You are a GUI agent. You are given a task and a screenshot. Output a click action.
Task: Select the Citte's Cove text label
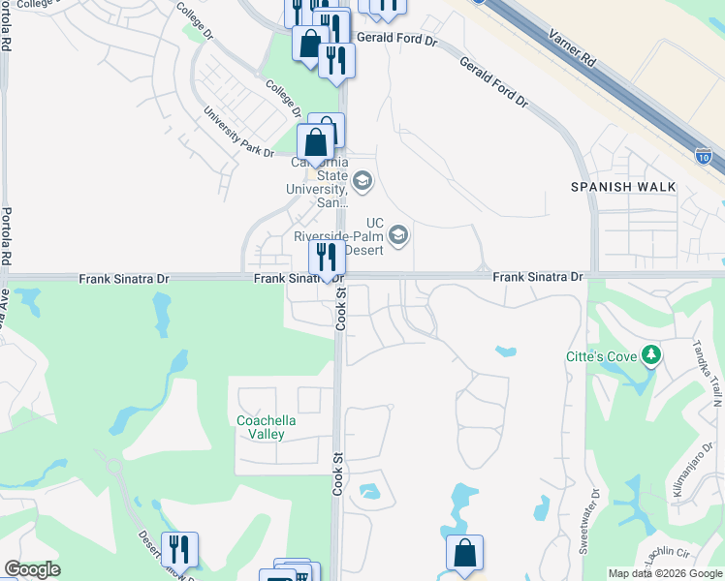pos(601,356)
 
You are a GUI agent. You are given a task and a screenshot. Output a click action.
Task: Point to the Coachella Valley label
pos(267,427)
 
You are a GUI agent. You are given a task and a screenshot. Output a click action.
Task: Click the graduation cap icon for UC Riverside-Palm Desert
pos(397,235)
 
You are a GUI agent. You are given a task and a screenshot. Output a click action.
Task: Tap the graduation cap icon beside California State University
pos(362,181)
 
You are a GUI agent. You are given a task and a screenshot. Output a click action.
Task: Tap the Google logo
pos(33,569)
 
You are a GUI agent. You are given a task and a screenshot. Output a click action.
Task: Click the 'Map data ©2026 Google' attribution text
pos(665,573)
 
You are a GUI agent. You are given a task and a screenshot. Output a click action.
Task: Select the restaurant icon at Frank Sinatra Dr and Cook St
pos(327,258)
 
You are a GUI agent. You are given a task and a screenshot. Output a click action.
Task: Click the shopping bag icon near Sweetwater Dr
pos(464,554)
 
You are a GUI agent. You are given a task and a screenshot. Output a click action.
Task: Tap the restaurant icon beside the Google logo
pos(179,549)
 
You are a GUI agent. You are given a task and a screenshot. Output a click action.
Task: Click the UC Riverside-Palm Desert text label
pos(344,235)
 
